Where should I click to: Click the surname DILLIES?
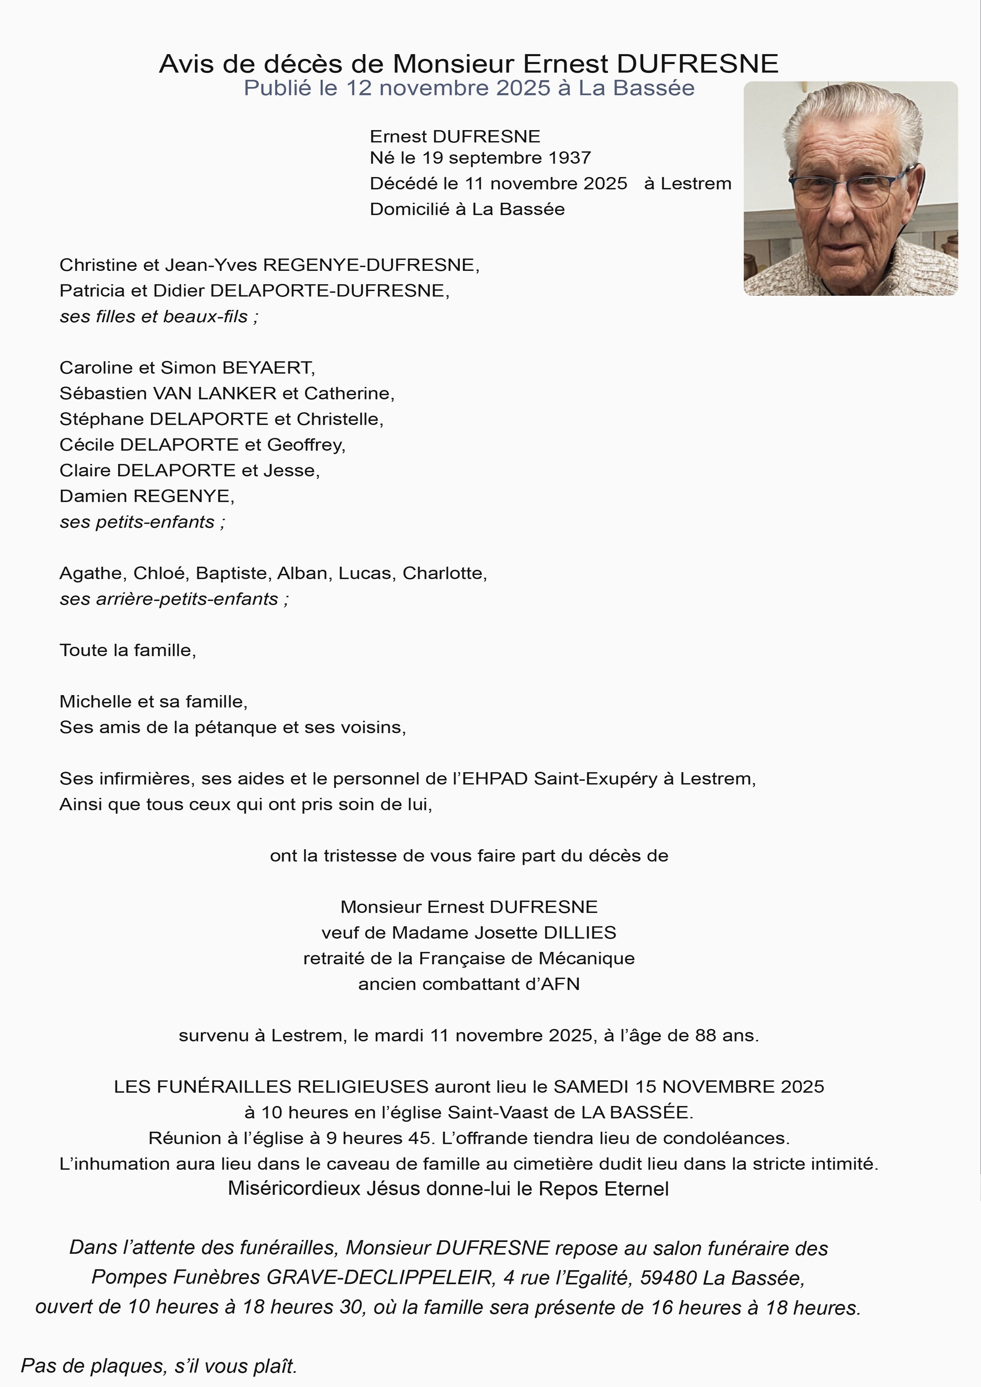[580, 933]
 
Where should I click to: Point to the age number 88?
[705, 1036]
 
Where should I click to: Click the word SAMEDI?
[591, 1087]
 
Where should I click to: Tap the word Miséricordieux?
[295, 1188]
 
